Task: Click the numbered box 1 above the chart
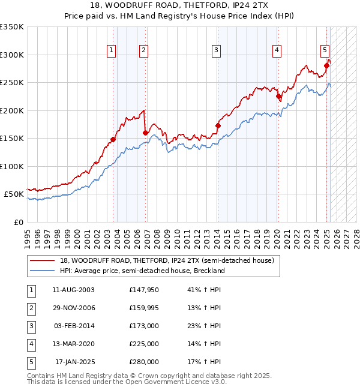[112, 50]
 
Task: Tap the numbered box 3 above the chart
[215, 50]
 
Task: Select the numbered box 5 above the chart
[324, 50]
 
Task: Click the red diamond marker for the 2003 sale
[113, 139]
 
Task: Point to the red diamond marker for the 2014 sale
[218, 125]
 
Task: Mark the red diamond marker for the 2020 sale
[278, 96]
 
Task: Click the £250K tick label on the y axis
[12, 83]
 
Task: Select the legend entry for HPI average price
[142, 271]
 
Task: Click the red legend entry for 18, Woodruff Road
[167, 260]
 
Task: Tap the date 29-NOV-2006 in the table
[74, 308]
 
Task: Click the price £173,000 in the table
[144, 326]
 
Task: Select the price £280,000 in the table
[144, 362]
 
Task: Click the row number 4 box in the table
[30, 344]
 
